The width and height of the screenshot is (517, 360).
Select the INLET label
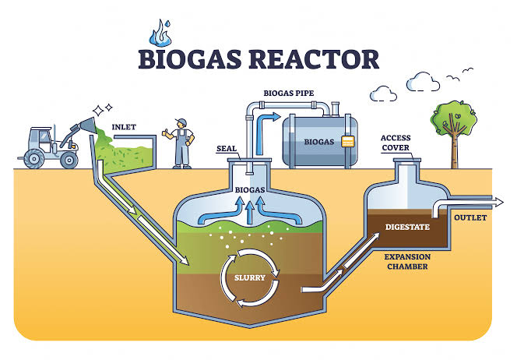point(122,127)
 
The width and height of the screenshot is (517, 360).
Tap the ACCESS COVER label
point(396,143)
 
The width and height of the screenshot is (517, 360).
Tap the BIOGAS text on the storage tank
point(321,143)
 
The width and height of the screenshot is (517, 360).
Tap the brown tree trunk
point(455,154)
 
